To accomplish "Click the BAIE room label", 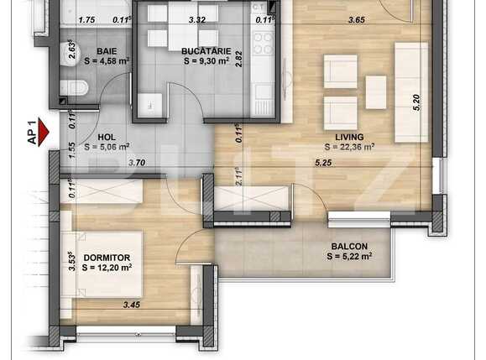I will coord(106,50).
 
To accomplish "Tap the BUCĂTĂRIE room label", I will coord(205,50).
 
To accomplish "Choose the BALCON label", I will coord(348,246).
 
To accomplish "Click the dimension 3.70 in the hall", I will coord(138,163).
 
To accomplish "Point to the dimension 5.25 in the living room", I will coord(325,163).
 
